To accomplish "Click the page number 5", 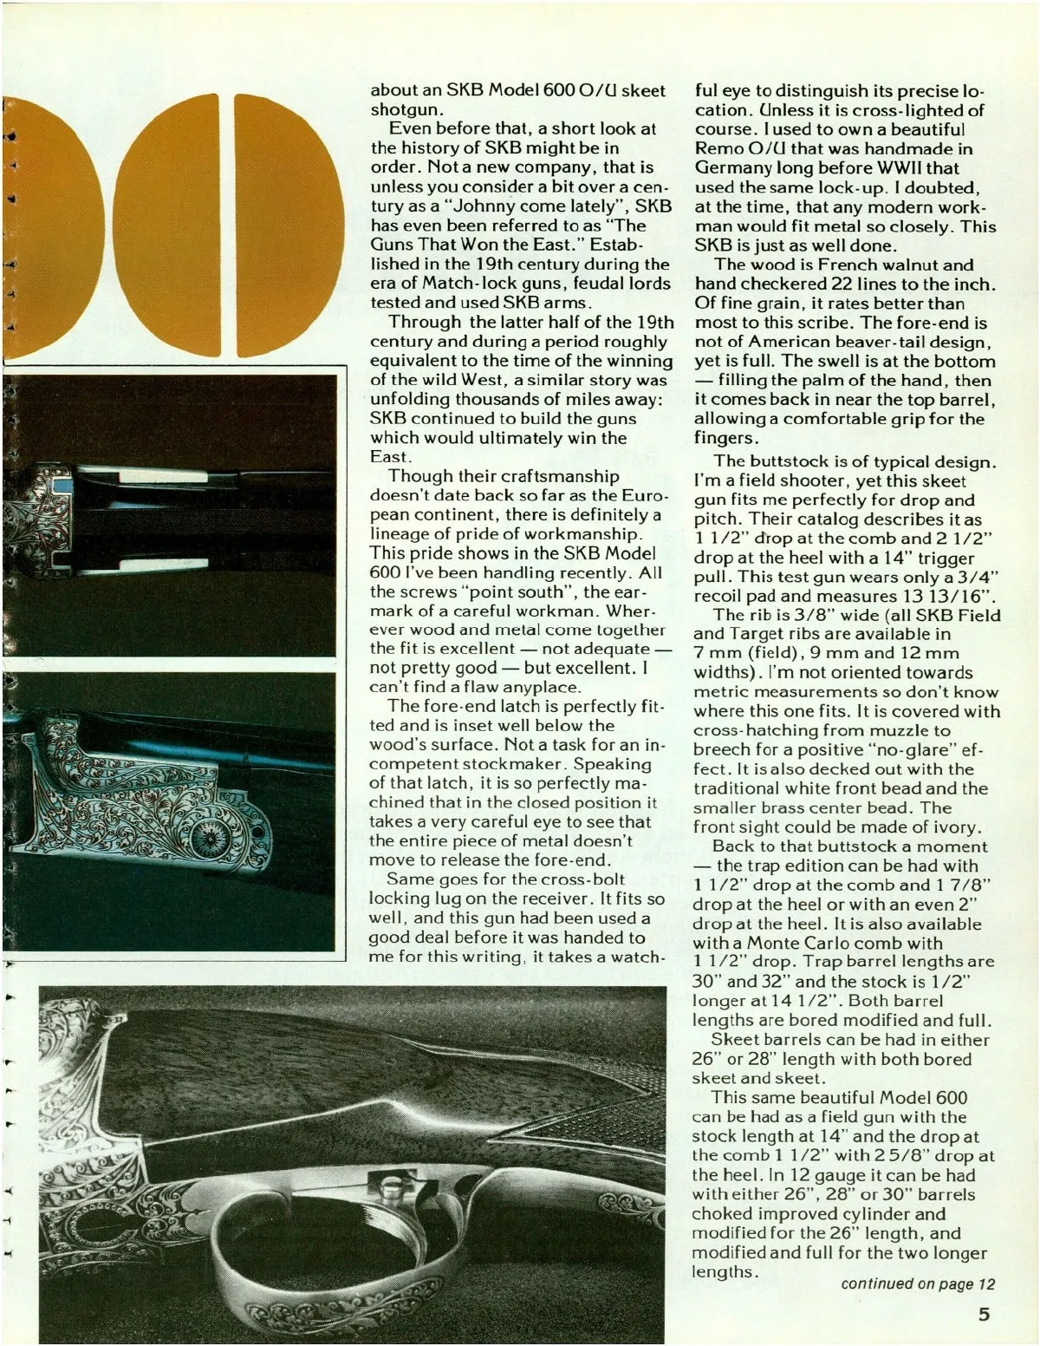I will coord(984,1313).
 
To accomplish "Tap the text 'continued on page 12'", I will coord(918,1284).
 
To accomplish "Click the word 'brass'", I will coord(771,807).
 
